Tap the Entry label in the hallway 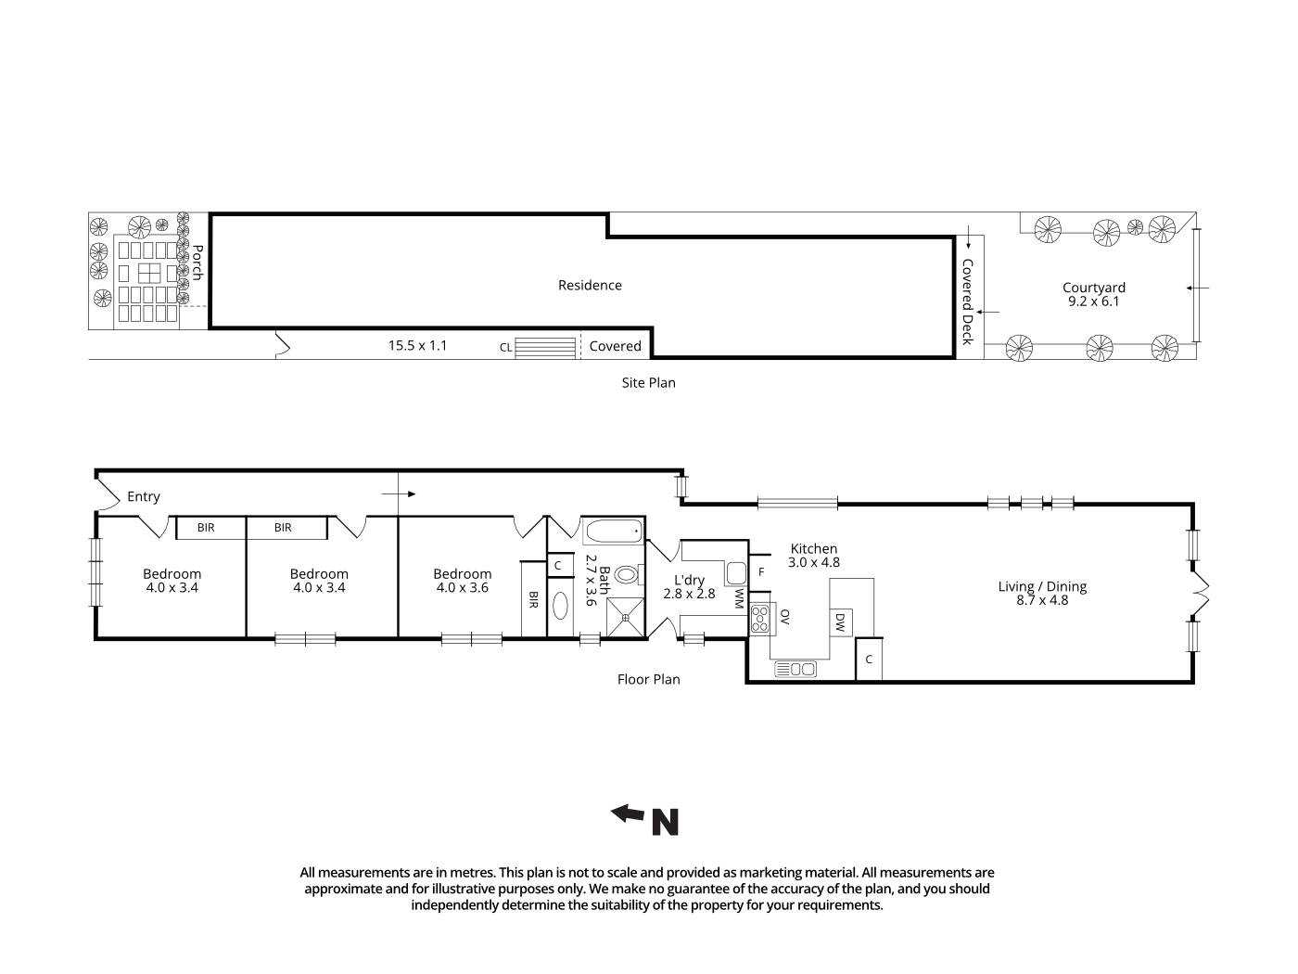(x=144, y=497)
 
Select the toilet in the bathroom (x=627, y=575)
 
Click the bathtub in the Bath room (x=612, y=532)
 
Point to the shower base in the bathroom (x=627, y=613)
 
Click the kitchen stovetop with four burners (x=760, y=618)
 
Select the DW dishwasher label (x=840, y=622)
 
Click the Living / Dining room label (x=1042, y=593)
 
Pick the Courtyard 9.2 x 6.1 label (x=1094, y=294)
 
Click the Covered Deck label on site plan (x=967, y=301)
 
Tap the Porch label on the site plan (x=197, y=263)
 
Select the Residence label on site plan (x=590, y=286)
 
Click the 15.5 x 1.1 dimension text (x=417, y=346)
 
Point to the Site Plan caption (x=648, y=382)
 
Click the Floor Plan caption (x=648, y=679)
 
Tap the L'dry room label (x=689, y=587)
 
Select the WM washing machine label (x=739, y=597)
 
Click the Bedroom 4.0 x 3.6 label (x=462, y=581)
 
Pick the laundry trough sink (x=736, y=571)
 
